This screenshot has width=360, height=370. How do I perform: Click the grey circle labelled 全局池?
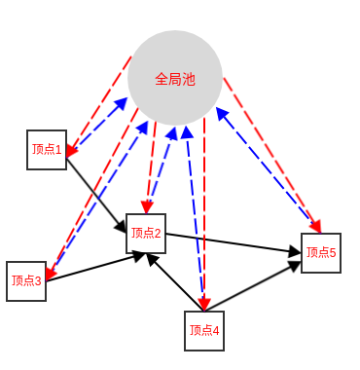tap(175, 78)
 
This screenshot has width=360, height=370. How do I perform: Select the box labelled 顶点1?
tap(47, 150)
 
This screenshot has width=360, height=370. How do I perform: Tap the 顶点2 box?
tap(146, 233)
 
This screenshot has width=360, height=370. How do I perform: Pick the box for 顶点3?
tap(26, 281)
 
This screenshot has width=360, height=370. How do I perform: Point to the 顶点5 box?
tap(321, 252)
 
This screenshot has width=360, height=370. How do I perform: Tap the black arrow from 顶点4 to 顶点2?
tap(175, 282)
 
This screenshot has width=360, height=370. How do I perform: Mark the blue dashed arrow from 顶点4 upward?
tap(194, 214)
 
